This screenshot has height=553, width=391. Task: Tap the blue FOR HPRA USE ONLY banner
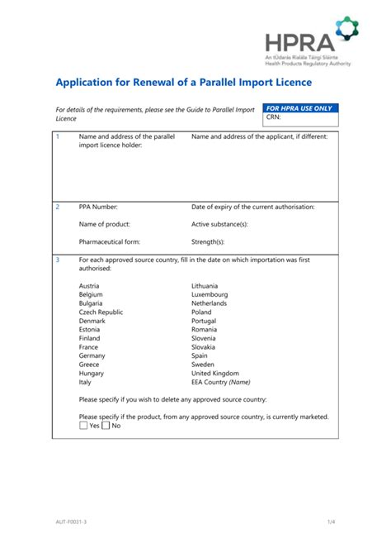tap(298, 108)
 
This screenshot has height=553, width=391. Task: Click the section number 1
tap(57, 136)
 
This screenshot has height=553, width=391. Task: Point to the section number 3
tap(57, 260)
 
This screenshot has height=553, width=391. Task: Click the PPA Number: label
tap(98, 207)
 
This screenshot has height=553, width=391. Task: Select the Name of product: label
tap(104, 224)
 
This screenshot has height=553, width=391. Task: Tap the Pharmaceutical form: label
tap(109, 242)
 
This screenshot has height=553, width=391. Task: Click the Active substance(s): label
tap(219, 224)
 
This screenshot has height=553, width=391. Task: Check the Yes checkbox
tap(83, 426)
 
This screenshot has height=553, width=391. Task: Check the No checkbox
tap(106, 426)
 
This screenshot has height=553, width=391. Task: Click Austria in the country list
tap(89, 285)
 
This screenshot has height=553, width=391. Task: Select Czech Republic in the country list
tap(101, 312)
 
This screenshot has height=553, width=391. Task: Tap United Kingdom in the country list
tap(215, 373)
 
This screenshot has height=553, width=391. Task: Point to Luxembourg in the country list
tap(210, 294)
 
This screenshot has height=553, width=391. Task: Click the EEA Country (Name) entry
tap(220, 382)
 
